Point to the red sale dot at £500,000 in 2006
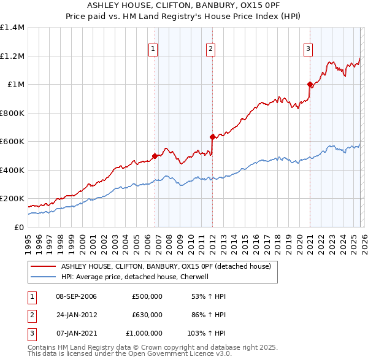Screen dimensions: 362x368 (155, 156)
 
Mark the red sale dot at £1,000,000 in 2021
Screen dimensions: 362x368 (310, 85)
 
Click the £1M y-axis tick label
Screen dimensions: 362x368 (15, 85)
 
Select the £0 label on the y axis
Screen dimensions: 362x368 (18, 227)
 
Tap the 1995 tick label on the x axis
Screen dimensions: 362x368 (28, 241)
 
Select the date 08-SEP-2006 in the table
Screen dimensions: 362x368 (76, 296)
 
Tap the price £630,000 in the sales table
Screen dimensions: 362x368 (147, 315)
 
